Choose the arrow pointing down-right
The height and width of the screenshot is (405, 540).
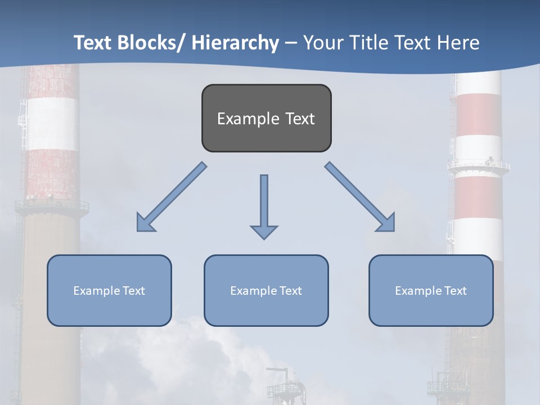360,197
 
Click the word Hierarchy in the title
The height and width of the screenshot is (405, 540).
235,43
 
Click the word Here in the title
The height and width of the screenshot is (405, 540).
458,43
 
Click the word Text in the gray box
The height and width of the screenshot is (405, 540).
300,119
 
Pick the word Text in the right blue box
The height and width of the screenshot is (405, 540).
454,291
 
